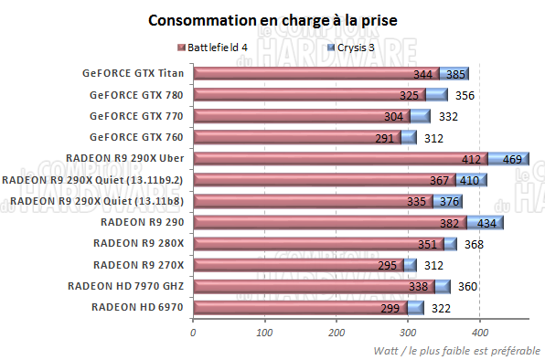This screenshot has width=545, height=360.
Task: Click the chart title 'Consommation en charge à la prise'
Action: click(x=272, y=19)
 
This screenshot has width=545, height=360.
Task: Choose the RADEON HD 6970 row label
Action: click(x=138, y=307)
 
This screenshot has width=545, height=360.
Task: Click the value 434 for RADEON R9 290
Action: click(x=486, y=223)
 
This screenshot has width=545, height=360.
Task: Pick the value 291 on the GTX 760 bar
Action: click(x=384, y=138)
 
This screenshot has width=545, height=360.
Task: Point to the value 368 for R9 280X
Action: click(x=474, y=244)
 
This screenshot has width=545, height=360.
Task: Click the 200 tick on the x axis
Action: click(x=337, y=333)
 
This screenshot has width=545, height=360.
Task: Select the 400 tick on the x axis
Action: click(x=480, y=333)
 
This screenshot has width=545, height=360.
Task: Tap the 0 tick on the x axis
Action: click(x=193, y=333)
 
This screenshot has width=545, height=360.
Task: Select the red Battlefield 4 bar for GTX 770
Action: click(x=302, y=116)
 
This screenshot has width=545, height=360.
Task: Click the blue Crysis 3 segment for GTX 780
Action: click(x=436, y=95)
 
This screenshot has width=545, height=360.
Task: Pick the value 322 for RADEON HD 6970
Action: click(x=442, y=308)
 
